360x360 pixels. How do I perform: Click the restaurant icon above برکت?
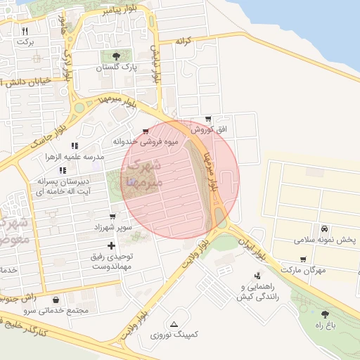pos(25,31)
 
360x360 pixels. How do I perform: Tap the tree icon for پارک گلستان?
pos(115,56)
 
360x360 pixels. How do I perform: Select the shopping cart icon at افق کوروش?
pos(207,119)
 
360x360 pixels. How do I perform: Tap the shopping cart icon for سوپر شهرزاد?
pos(112,217)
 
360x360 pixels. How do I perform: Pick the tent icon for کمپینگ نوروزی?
pos(174,323)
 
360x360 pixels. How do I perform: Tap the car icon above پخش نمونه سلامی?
pos(324,229)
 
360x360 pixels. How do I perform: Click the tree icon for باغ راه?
pos(324,314)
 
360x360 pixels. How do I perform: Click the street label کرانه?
pos(184,41)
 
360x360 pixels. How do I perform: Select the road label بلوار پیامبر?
pos(118,10)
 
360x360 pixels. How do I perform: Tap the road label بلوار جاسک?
pos(47,133)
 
